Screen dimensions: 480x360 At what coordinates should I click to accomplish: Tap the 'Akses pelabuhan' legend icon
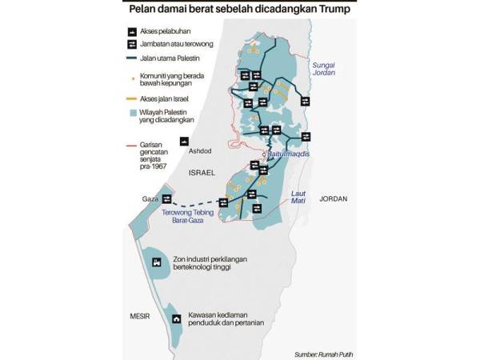pos(130,31)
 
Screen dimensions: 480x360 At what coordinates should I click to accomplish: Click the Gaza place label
pos(150,198)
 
